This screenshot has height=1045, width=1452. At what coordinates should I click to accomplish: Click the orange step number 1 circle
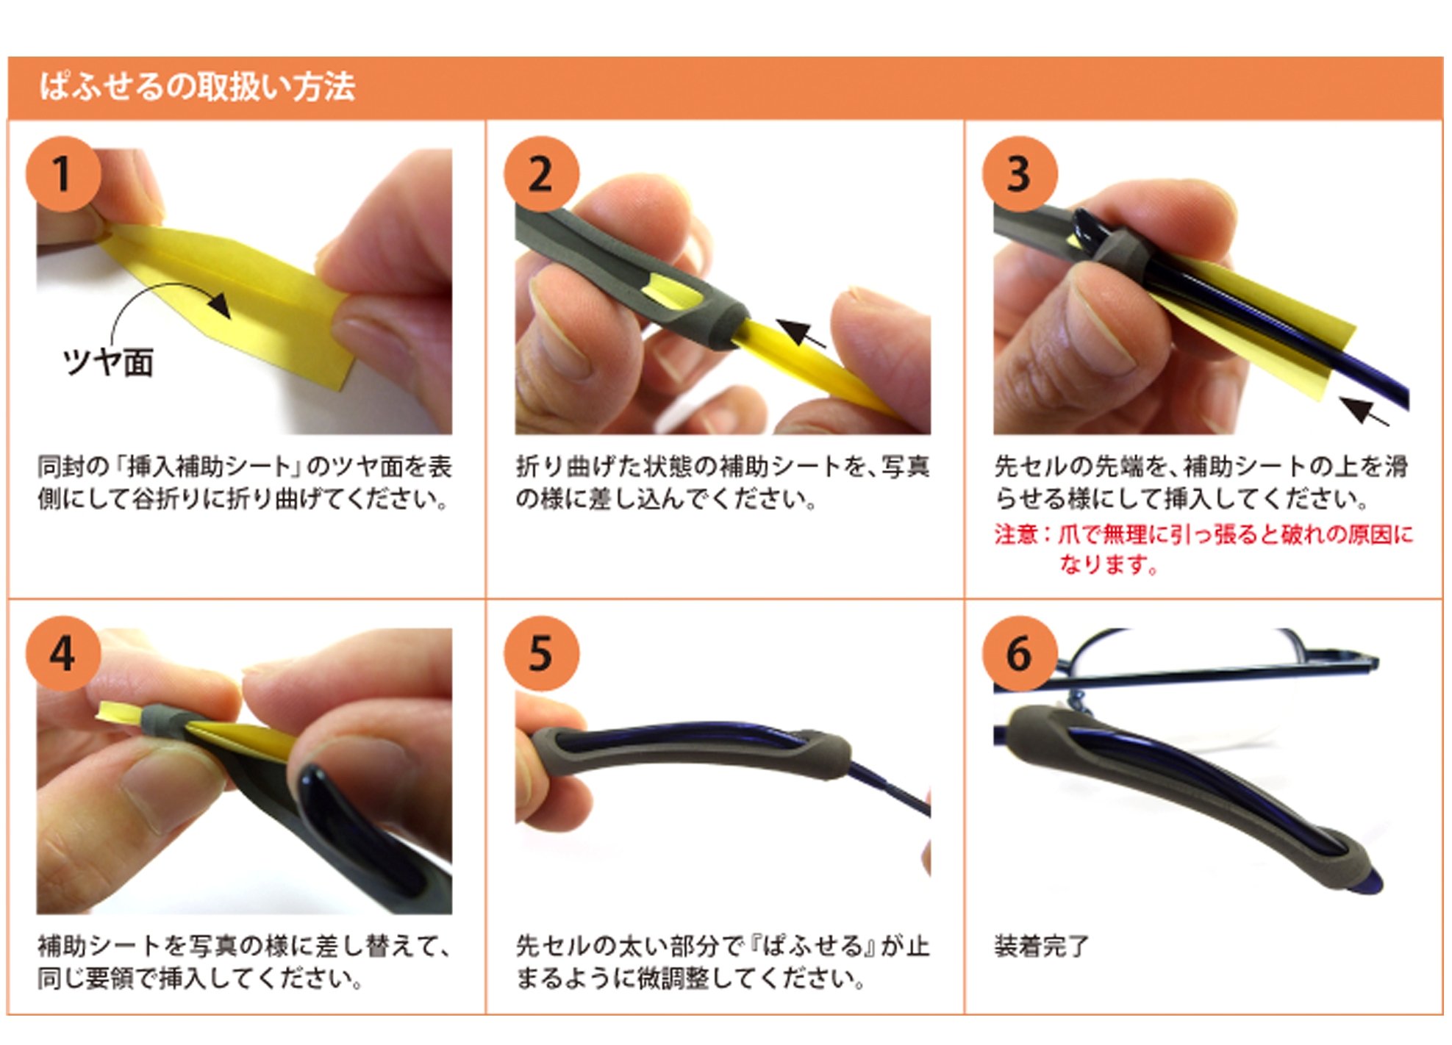[63, 174]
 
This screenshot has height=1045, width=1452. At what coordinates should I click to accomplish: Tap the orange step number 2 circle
[542, 174]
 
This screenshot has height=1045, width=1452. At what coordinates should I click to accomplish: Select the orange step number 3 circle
[1020, 174]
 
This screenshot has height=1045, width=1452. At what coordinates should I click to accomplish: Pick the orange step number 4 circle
[63, 653]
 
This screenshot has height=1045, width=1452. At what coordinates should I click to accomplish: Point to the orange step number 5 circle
[542, 653]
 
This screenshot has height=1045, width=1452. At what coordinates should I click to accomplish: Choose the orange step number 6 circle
[1020, 653]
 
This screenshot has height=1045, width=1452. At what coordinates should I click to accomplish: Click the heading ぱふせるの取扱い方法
[198, 87]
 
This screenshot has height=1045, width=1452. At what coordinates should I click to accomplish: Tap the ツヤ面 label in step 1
[108, 362]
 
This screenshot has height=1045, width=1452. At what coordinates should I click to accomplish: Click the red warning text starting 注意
[1204, 549]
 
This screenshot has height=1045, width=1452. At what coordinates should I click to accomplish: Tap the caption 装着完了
[1042, 946]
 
